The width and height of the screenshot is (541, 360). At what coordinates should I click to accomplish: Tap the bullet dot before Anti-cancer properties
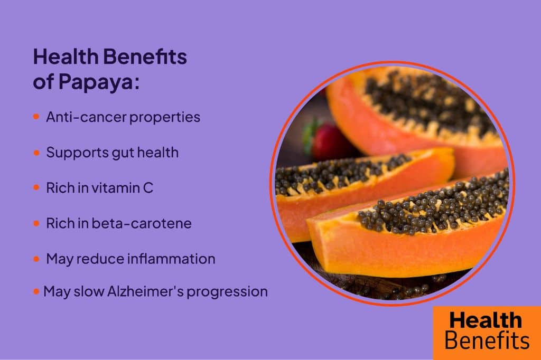pos(36,117)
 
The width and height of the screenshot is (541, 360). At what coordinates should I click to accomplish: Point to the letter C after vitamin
pos(148,188)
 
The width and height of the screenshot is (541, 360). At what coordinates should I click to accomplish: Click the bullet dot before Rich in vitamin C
pos(36,188)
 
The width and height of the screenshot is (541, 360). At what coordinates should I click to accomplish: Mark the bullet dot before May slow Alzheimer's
pos(36,291)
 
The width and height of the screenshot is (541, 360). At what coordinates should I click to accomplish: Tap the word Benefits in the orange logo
pos(487,340)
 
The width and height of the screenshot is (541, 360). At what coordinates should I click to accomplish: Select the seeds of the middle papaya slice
pos(338,172)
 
